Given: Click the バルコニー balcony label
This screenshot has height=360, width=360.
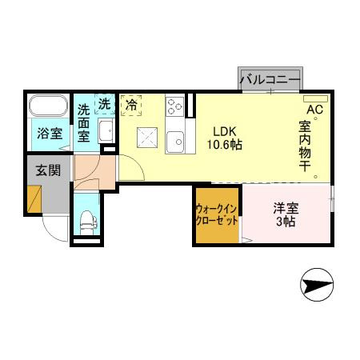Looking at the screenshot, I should click(270, 80).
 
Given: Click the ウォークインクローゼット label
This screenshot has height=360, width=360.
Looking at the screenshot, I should click(216, 214).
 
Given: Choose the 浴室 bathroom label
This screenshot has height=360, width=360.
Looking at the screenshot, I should click(50, 134).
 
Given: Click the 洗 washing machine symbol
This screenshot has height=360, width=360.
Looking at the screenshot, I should click(105, 103).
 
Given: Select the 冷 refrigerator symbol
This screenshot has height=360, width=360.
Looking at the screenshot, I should click(130, 103).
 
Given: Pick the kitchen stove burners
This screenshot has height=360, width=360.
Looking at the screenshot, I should click(175, 107).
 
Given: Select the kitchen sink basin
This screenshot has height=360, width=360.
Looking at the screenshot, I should click(175, 141).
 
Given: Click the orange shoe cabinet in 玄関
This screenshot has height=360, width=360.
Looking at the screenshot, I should click(33, 198).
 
